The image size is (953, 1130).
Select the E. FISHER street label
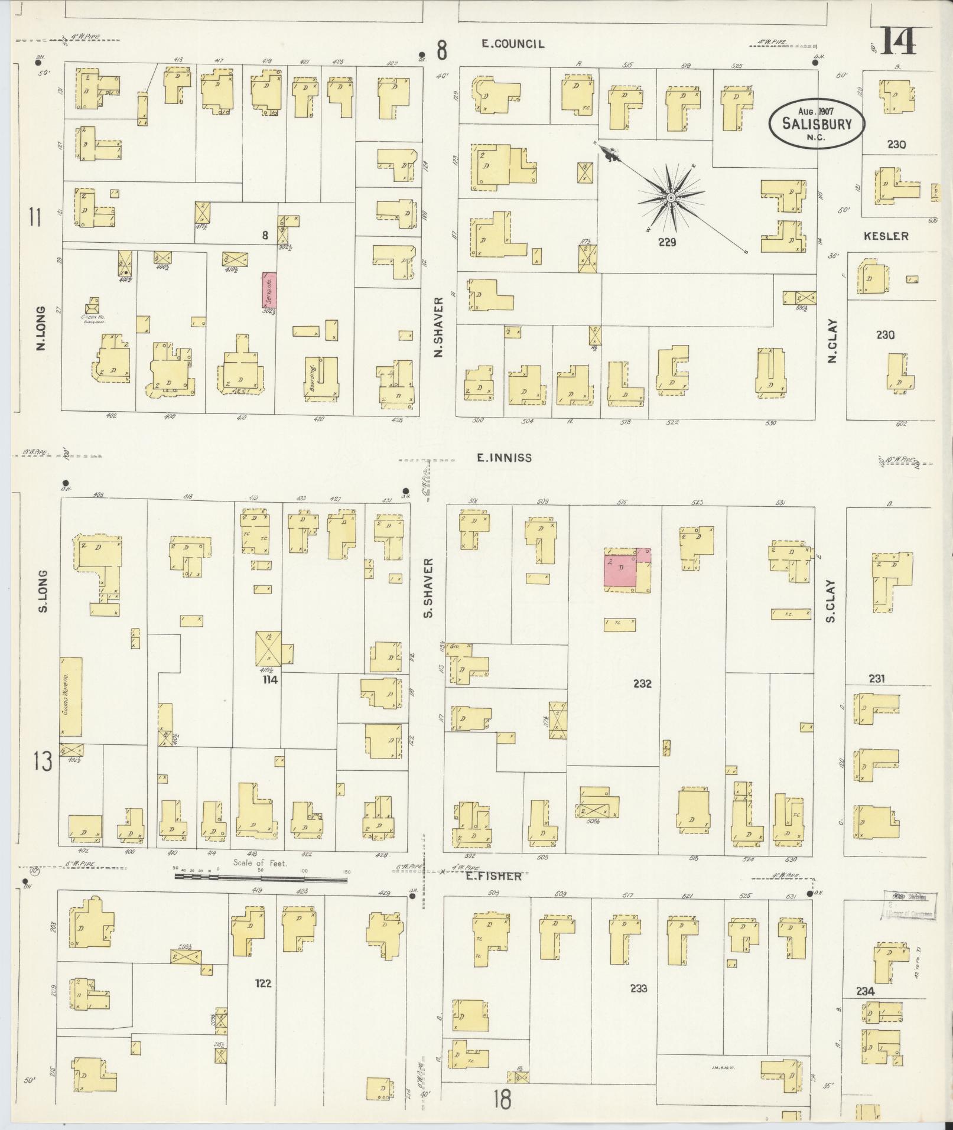pyautogui.click(x=493, y=877)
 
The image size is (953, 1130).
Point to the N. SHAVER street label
pyautogui.click(x=438, y=336)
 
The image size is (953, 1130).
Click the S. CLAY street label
pyautogui.click(x=830, y=601)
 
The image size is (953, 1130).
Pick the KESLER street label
pyautogui.click(x=886, y=236)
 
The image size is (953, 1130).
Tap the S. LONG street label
pyautogui.click(x=43, y=591)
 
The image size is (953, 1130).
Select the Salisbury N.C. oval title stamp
pyautogui.click(x=817, y=123)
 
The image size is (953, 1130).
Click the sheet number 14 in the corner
pyautogui.click(x=900, y=40)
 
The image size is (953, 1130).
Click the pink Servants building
pyautogui.click(x=269, y=291)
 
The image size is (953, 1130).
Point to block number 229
pyautogui.click(x=667, y=242)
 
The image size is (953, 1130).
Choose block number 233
pyautogui.click(x=639, y=988)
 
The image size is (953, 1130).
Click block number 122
pyautogui.click(x=263, y=984)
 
